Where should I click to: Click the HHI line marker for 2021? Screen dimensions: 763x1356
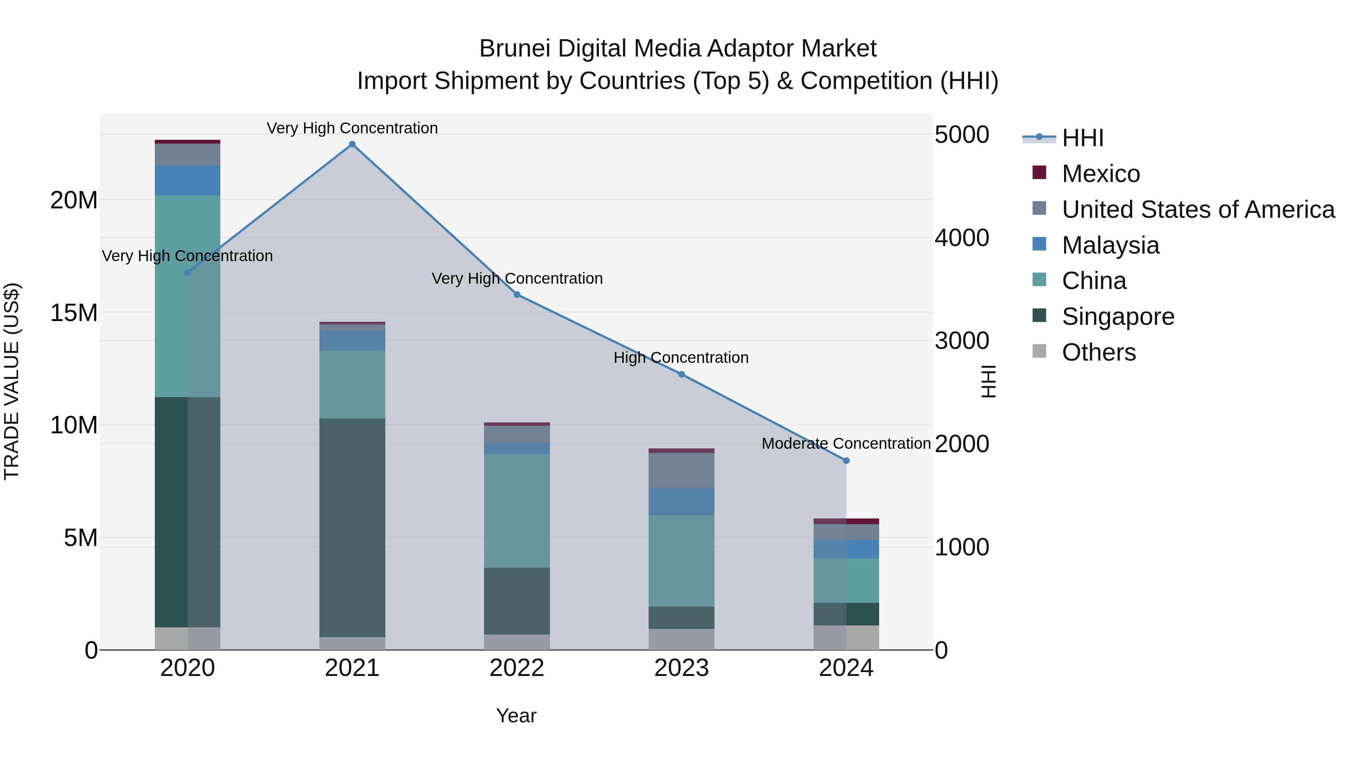(x=352, y=144)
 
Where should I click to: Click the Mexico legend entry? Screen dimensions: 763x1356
(x=1100, y=174)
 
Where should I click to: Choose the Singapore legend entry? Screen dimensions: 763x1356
(x=1118, y=317)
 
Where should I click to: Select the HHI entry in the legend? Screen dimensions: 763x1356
(x=1082, y=138)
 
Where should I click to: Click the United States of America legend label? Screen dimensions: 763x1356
(x=1198, y=209)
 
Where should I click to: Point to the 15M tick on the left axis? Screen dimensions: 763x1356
(x=74, y=313)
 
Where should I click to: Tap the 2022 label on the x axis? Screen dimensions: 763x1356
(x=517, y=668)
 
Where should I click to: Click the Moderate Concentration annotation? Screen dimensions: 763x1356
(x=846, y=443)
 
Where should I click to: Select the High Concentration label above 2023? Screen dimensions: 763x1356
(x=681, y=358)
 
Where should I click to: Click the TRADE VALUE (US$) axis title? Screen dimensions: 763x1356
(x=12, y=381)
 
